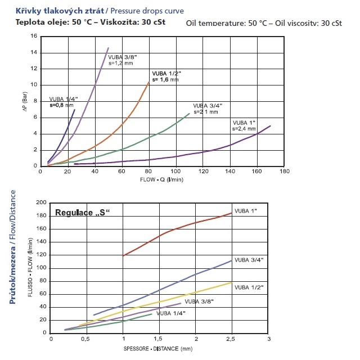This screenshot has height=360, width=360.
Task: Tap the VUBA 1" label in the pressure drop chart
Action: pyautogui.click(x=244, y=122)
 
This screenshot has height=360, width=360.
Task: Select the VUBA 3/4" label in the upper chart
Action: pyautogui.click(x=208, y=105)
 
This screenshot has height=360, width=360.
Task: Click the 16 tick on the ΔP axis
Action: pyautogui.click(x=34, y=36)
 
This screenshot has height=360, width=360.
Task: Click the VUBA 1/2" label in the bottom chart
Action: pyautogui.click(x=248, y=287)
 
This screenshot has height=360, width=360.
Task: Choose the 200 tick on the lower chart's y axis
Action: pyautogui.click(x=39, y=202)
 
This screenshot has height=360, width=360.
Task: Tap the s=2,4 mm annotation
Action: pyautogui.click(x=244, y=129)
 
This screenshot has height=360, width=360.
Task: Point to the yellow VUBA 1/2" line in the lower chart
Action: pyautogui.click(x=186, y=298)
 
